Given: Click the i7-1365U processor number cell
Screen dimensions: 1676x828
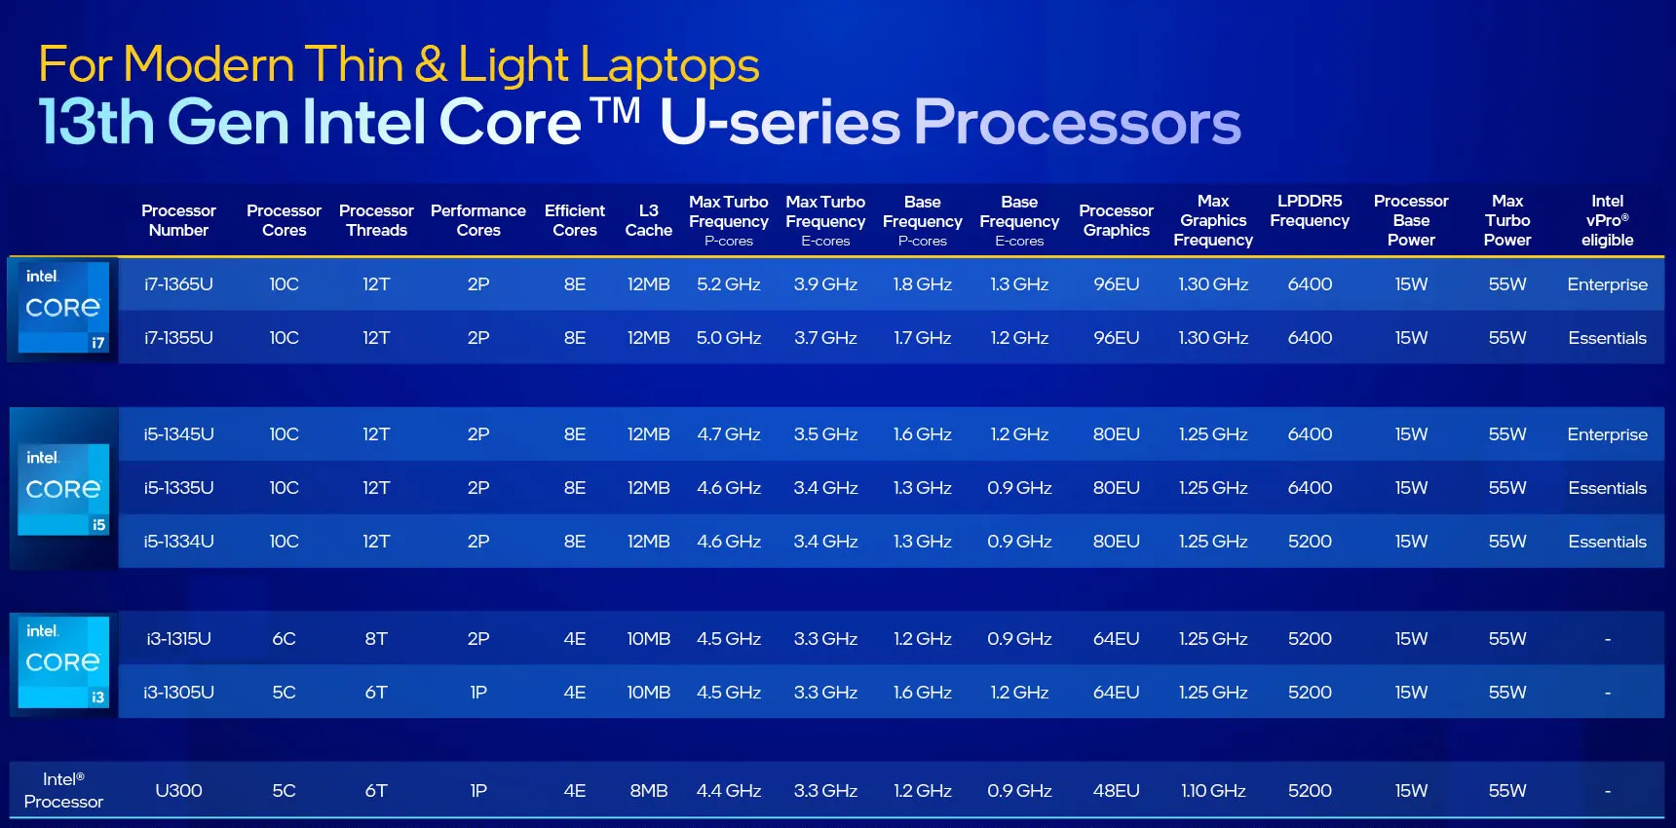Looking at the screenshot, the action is click(x=178, y=284).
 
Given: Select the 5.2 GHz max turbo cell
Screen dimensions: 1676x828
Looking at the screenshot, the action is click(x=728, y=284).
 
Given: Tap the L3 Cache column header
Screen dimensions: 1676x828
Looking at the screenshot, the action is click(x=648, y=220).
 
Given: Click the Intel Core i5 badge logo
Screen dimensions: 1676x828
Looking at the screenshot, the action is click(x=63, y=489).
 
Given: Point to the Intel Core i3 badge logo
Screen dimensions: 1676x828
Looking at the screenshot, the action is click(x=63, y=662).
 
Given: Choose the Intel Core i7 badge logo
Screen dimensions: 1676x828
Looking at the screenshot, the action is click(x=63, y=308).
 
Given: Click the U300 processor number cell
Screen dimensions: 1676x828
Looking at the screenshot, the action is click(x=178, y=791).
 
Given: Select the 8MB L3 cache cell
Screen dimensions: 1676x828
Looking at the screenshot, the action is click(x=648, y=791).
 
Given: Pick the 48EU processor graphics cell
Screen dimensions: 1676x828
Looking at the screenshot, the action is click(x=1116, y=791).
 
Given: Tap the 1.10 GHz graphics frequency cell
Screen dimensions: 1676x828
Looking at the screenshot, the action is click(x=1213, y=791).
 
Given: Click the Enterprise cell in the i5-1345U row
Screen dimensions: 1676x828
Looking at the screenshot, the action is click(x=1607, y=434).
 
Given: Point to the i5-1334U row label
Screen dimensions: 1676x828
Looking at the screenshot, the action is click(x=178, y=542).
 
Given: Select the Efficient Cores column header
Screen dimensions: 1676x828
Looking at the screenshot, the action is click(x=575, y=220).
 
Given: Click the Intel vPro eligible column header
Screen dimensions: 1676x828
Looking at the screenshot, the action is click(x=1607, y=220).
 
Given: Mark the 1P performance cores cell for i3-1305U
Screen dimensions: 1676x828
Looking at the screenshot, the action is click(x=478, y=693).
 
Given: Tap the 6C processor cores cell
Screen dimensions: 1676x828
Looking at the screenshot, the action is click(x=284, y=639).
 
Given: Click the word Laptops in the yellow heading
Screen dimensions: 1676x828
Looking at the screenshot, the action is click(x=669, y=66).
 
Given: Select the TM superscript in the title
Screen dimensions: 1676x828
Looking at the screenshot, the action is click(x=616, y=110).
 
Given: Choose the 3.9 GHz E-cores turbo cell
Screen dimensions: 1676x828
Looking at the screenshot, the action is click(x=825, y=284).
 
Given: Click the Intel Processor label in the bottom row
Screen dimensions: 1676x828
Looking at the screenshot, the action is click(x=63, y=790).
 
